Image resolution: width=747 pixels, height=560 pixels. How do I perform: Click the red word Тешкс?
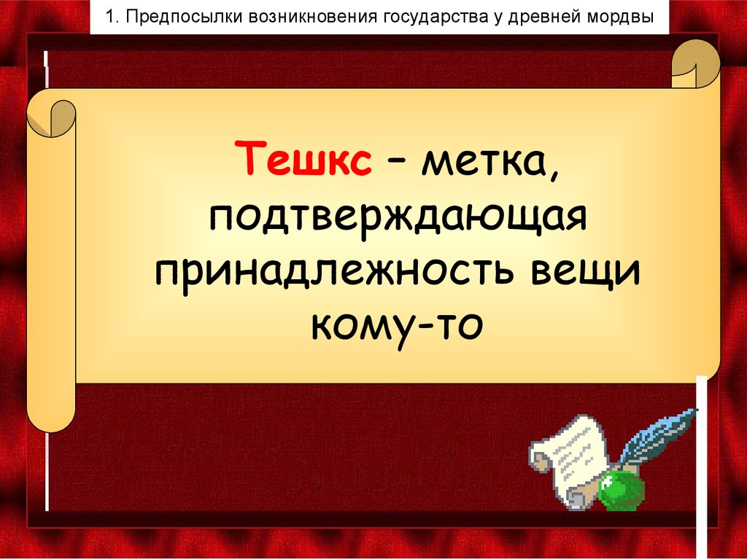pyautogui.click(x=306, y=158)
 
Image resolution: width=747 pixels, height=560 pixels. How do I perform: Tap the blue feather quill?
pyautogui.click(x=659, y=434)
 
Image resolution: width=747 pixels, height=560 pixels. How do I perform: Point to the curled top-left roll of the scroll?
pyautogui.click(x=52, y=117)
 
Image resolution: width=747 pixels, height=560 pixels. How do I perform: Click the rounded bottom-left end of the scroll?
pyautogui.click(x=51, y=416)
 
